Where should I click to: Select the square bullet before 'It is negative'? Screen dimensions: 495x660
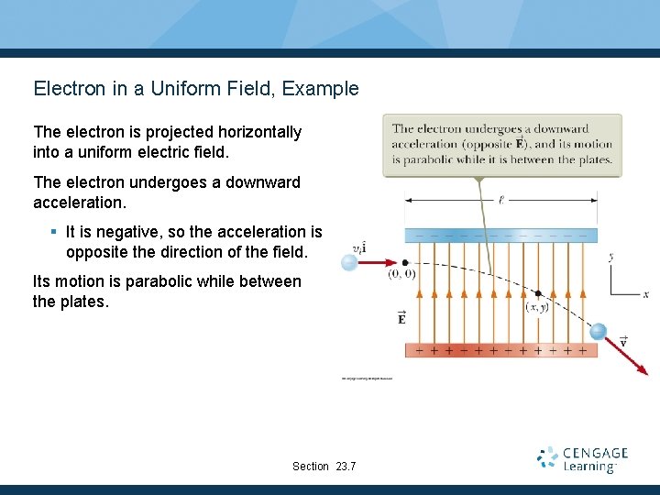54,233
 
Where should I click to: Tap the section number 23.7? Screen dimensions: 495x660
346,467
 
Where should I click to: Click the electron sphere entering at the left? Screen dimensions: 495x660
349,263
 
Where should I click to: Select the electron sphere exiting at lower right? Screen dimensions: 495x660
598,331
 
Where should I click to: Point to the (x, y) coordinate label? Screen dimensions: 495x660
538,307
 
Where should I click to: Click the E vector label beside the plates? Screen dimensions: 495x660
401,318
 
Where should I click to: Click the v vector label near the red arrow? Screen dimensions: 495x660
623,340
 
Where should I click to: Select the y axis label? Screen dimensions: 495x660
610,258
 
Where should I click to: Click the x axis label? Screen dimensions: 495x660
645,294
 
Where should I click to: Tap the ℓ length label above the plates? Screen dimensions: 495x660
500,198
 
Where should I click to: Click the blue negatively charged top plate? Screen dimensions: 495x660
500,236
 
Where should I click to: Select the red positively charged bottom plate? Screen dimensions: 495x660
500,350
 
